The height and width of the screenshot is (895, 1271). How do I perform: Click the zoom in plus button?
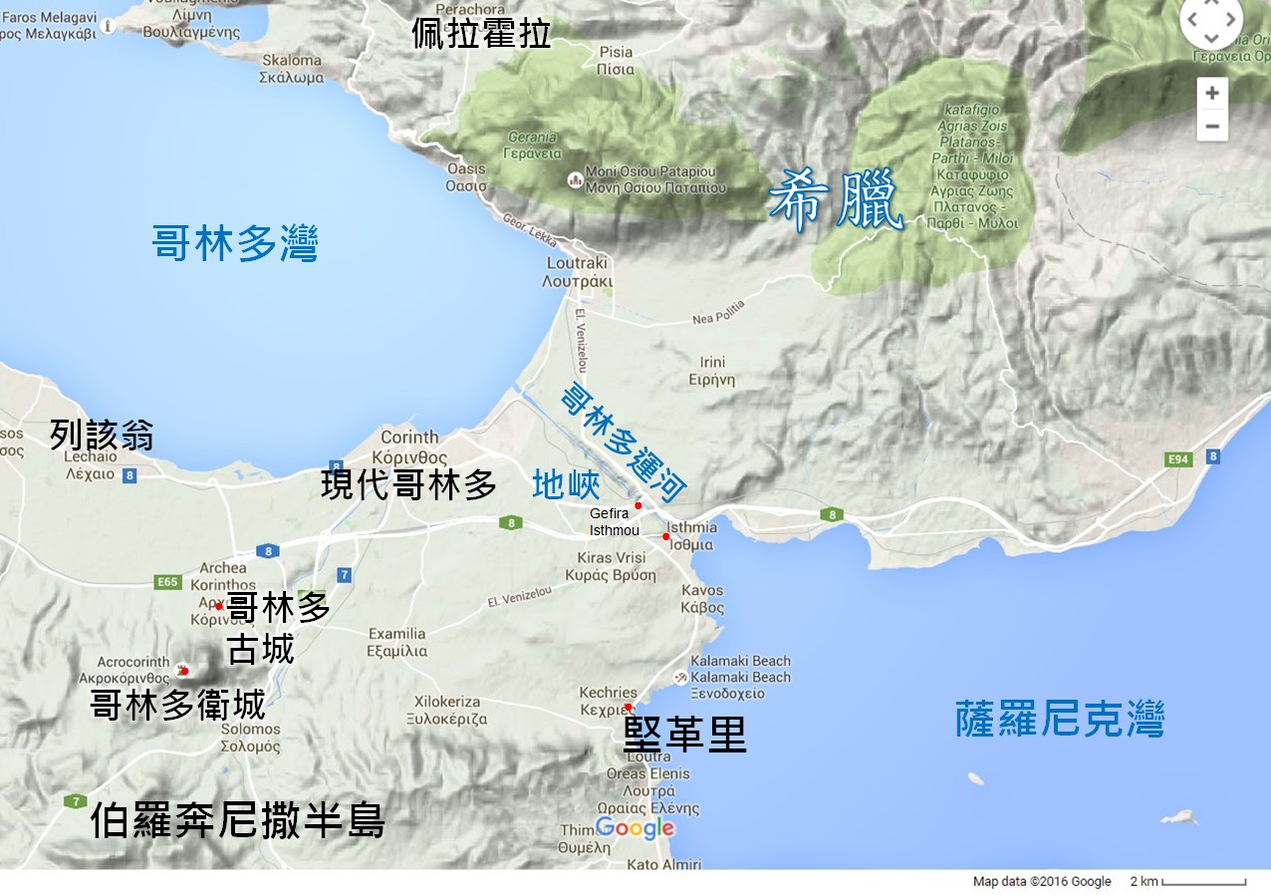click(1211, 94)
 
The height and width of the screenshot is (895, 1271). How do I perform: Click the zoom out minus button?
click(1211, 126)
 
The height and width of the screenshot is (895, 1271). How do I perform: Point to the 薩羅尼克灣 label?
click(1060, 719)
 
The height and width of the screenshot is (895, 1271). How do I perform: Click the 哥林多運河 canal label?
click(624, 440)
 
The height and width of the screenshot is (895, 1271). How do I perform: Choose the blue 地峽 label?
click(566, 484)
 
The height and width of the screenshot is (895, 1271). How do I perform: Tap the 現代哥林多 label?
click(408, 484)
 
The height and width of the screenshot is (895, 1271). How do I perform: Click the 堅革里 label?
click(684, 735)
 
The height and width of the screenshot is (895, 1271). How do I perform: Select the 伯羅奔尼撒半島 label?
click(237, 822)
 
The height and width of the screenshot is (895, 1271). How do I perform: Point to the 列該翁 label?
click(102, 436)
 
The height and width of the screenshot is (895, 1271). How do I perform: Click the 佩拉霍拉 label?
click(481, 34)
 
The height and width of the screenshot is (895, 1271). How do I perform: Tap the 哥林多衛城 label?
click(177, 705)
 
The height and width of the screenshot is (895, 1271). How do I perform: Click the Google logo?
click(635, 828)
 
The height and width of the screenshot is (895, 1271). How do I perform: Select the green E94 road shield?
click(1179, 459)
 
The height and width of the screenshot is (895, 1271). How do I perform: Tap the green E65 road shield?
click(167, 583)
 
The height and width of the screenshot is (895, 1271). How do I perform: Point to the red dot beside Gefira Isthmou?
click(637, 506)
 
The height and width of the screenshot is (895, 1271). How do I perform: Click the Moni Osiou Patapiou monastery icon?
click(574, 179)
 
